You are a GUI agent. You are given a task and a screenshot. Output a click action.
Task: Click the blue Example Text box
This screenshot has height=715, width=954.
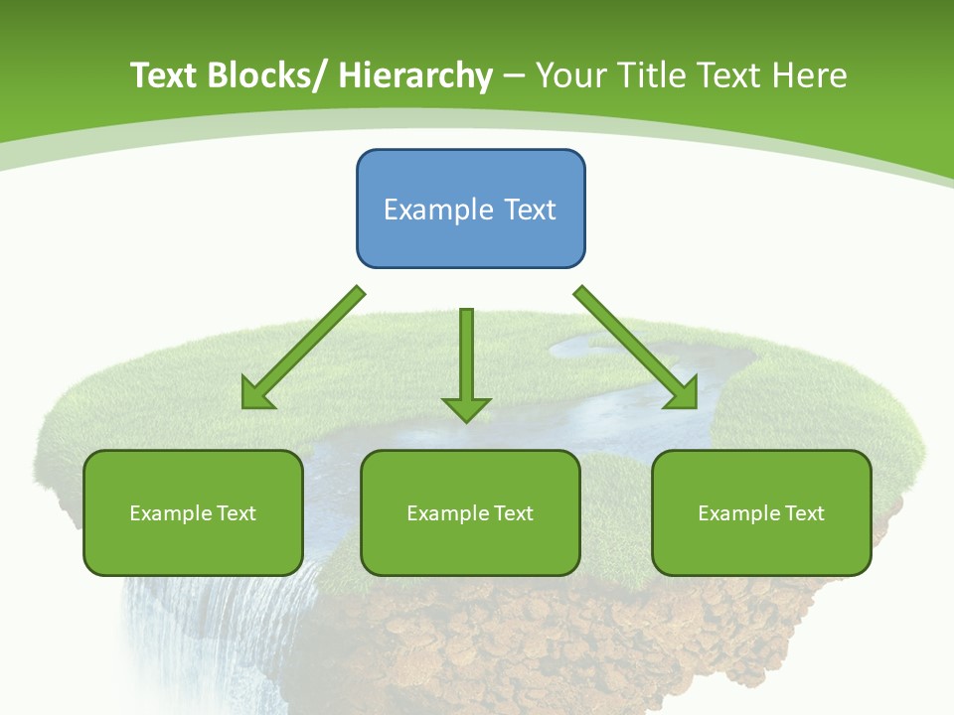tap(470, 209)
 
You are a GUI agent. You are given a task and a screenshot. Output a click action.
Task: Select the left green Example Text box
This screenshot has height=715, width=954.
tap(193, 512)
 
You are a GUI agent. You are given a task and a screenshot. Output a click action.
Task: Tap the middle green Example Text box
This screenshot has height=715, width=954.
tap(470, 512)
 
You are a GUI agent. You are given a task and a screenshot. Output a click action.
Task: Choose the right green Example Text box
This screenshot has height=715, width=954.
tap(761, 512)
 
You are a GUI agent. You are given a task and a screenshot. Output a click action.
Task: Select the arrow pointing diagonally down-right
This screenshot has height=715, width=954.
tap(636, 348)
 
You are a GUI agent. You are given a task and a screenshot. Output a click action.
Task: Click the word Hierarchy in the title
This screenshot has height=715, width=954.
tap(415, 75)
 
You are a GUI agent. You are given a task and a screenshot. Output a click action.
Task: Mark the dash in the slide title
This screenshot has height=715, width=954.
tap(514, 75)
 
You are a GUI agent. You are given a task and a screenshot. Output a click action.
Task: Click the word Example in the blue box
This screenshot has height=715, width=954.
tap(438, 210)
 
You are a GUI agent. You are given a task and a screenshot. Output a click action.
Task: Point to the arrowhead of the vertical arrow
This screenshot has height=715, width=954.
tap(466, 409)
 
